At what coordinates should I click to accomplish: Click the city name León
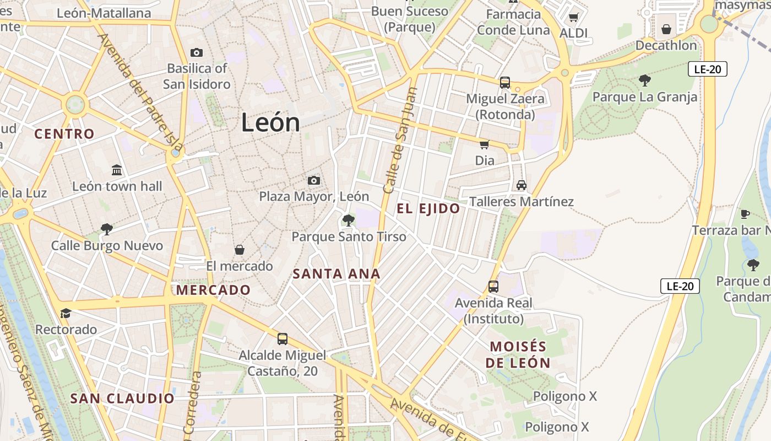270,122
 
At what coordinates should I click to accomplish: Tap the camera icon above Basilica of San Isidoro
197,53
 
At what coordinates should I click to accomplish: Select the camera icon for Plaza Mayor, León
314,180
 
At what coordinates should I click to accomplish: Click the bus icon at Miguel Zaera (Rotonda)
505,83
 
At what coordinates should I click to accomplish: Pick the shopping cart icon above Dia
485,144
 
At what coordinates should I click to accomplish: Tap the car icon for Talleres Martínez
521,185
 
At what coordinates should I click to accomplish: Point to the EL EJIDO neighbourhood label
428,208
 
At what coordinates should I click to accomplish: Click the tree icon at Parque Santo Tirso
348,220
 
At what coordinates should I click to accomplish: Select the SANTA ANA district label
336,273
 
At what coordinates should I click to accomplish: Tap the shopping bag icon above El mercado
240,250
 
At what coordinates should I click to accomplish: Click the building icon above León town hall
117,170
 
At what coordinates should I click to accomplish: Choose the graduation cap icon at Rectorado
66,313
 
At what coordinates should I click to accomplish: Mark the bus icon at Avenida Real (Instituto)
493,287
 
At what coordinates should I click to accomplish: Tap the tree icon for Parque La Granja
645,81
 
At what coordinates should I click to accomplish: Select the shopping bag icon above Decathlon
666,29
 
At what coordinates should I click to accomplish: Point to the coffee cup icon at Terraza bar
745,214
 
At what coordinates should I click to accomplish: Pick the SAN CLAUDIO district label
122,398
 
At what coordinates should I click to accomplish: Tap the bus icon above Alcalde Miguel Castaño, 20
283,338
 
